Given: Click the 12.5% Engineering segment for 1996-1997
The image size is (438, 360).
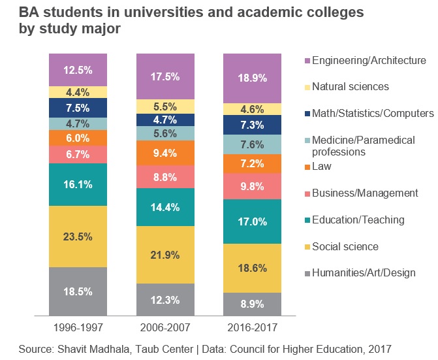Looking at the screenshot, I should click(77, 70).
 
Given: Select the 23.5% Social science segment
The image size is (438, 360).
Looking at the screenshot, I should click(77, 237).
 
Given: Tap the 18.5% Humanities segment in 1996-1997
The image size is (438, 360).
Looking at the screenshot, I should click(77, 292).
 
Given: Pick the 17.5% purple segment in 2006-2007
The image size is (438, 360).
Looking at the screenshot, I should click(165, 76).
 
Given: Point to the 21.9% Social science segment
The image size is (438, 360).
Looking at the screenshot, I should click(165, 254).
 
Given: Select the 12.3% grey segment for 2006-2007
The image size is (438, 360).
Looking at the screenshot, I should click(165, 301).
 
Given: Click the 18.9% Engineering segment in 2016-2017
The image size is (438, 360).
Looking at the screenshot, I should click(253, 78).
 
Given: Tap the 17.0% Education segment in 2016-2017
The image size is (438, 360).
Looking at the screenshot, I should click(253, 221).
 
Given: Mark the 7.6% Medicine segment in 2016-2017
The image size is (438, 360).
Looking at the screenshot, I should click(253, 144).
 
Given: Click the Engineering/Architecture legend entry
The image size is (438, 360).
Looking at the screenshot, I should click(369, 60).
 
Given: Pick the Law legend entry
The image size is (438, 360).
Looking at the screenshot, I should click(322, 166).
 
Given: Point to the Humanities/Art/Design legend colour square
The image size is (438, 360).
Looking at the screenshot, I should click(306, 273).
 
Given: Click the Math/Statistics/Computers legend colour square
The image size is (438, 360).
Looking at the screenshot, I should click(306, 114).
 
